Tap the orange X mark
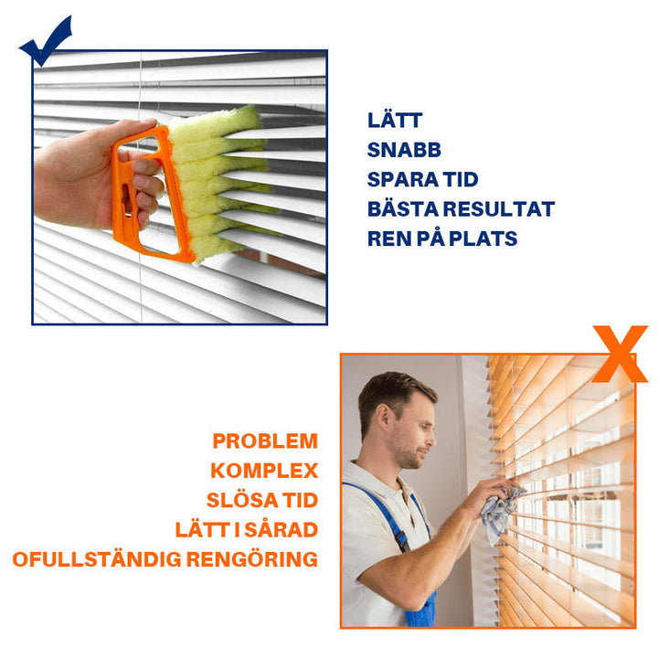621,355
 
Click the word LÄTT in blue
395,120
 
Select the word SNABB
404,150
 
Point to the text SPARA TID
422,180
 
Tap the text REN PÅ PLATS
442,239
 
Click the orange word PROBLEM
265,441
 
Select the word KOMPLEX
264,471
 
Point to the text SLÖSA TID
262,500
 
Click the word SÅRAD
281,529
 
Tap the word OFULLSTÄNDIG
97,559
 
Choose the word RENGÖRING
252,559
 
